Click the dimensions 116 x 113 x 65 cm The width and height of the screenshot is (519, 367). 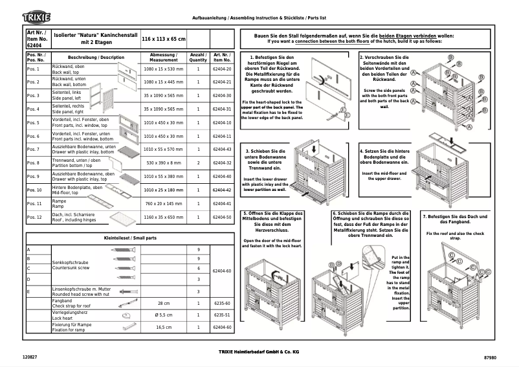tap(164, 39)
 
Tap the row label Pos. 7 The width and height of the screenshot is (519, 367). tap(34, 150)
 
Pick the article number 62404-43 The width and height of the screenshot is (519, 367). tap(222, 150)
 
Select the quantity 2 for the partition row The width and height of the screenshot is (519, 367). tap(198, 163)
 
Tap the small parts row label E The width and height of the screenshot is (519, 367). tap(28, 291)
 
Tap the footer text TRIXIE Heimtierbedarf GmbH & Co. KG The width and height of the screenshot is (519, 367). tap(259, 351)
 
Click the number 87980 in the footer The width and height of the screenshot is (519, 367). tap(491, 357)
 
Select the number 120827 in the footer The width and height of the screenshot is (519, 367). tap(30, 357)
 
